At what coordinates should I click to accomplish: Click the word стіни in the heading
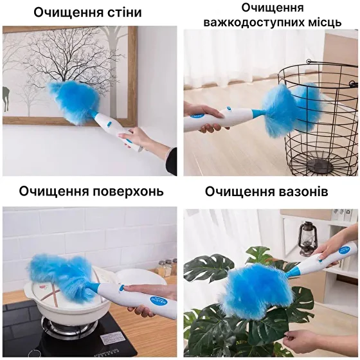click(x=122, y=12)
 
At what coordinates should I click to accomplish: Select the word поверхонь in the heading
click(x=128, y=191)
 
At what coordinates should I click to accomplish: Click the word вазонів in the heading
click(x=303, y=192)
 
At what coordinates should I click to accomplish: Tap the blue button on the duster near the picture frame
click(x=109, y=124)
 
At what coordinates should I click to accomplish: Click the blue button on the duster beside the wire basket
click(x=228, y=109)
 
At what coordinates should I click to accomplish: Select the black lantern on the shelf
click(x=307, y=239)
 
